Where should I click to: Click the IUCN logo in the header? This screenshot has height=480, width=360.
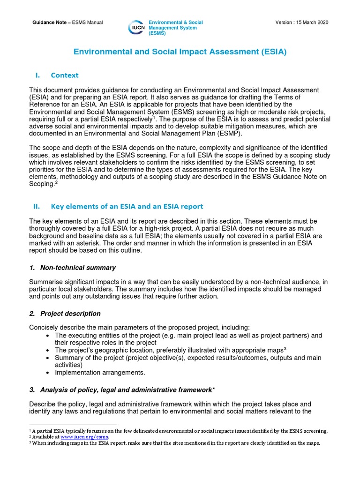(136, 28)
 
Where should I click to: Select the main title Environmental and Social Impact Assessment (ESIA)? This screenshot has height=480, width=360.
(180, 52)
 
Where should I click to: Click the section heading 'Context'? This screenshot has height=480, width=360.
(65, 75)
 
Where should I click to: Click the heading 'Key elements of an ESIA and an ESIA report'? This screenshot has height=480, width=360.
(127, 206)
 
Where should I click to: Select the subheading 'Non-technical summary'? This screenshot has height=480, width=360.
(78, 268)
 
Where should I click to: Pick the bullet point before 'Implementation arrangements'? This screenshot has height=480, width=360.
(49, 373)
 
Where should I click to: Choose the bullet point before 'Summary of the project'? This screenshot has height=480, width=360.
(49, 358)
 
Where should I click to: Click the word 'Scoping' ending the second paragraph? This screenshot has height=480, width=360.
(41, 184)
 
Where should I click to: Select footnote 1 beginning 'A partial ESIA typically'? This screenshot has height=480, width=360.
(178, 431)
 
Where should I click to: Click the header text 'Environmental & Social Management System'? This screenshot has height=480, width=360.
(175, 28)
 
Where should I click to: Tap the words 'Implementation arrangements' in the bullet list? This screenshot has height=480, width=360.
(100, 373)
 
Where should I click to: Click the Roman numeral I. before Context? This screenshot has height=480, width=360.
(38, 75)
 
